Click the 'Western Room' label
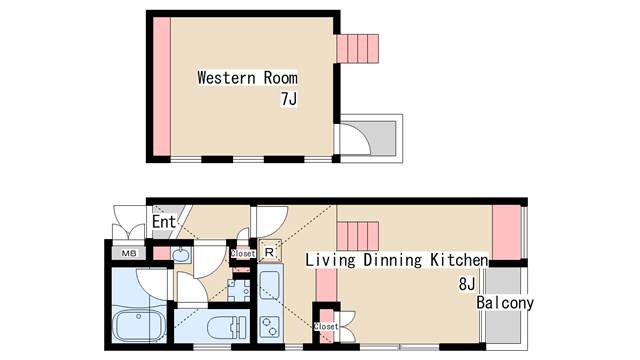point(247,78)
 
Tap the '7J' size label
point(289,99)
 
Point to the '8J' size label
point(467,284)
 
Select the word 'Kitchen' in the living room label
point(459,260)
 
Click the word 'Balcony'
point(505,303)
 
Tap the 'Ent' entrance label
point(164,222)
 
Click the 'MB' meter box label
point(129,253)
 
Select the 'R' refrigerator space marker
point(269,253)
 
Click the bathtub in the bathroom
point(139,326)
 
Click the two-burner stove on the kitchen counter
point(270,327)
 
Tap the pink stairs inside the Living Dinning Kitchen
point(358,236)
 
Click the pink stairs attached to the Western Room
point(358,49)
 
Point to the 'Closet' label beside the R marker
point(243,253)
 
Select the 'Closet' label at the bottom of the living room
point(326,327)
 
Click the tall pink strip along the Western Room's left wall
point(162,86)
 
